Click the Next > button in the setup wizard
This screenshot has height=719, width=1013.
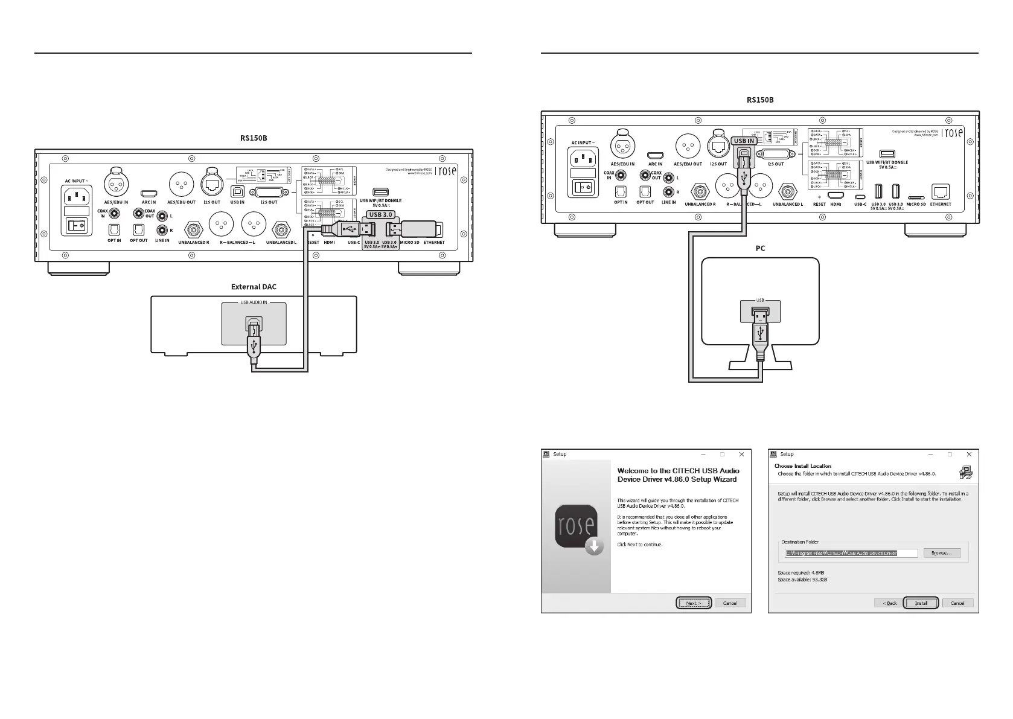[x=694, y=603]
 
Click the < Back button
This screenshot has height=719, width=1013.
[x=889, y=603]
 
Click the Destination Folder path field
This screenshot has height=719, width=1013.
[x=851, y=553]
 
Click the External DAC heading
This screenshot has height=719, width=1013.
[x=254, y=287]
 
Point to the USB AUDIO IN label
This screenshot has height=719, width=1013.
[x=254, y=303]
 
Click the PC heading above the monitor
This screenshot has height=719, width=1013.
[x=760, y=248]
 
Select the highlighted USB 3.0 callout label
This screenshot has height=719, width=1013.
[x=380, y=214]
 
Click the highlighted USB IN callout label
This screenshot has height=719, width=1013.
[x=743, y=141]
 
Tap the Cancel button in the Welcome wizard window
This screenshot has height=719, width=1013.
[x=730, y=603]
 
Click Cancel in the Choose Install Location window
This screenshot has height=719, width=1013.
[x=957, y=603]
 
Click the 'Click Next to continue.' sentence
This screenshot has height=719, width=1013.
[x=639, y=545]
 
